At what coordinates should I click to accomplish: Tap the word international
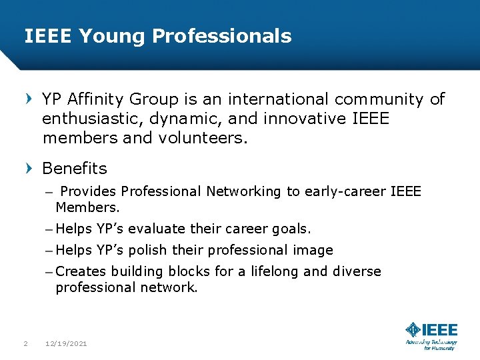coord(279,100)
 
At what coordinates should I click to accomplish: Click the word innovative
coord(306,119)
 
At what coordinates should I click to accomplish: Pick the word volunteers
coord(205,139)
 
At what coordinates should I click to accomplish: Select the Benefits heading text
coord(74,169)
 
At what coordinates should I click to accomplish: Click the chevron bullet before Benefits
coord(29,169)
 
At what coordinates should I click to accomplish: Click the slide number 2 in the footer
coord(25,344)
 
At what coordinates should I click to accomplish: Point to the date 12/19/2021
coord(65,344)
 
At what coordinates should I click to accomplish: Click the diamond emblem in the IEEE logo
coord(413,329)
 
